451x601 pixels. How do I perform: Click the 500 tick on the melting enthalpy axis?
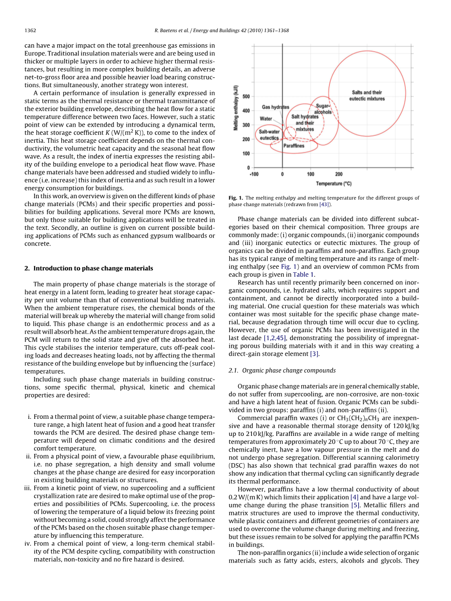[x=246, y=96]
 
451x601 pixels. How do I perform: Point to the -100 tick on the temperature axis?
[x=254, y=173]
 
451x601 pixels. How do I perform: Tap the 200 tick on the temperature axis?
[x=339, y=173]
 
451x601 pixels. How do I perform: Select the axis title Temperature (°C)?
[x=334, y=184]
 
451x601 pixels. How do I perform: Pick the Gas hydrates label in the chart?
[x=276, y=107]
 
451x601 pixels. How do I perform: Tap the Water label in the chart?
[x=266, y=119]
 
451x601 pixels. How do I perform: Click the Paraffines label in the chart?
[x=294, y=146]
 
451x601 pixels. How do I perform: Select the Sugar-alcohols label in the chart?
[x=323, y=109]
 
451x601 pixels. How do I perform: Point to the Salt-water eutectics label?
[x=269, y=134]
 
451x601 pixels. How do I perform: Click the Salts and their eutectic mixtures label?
[x=367, y=95]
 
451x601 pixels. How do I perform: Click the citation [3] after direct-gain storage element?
[x=314, y=354]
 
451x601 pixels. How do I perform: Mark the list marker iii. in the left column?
[x=28, y=488]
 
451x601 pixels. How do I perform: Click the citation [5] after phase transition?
[x=355, y=505]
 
